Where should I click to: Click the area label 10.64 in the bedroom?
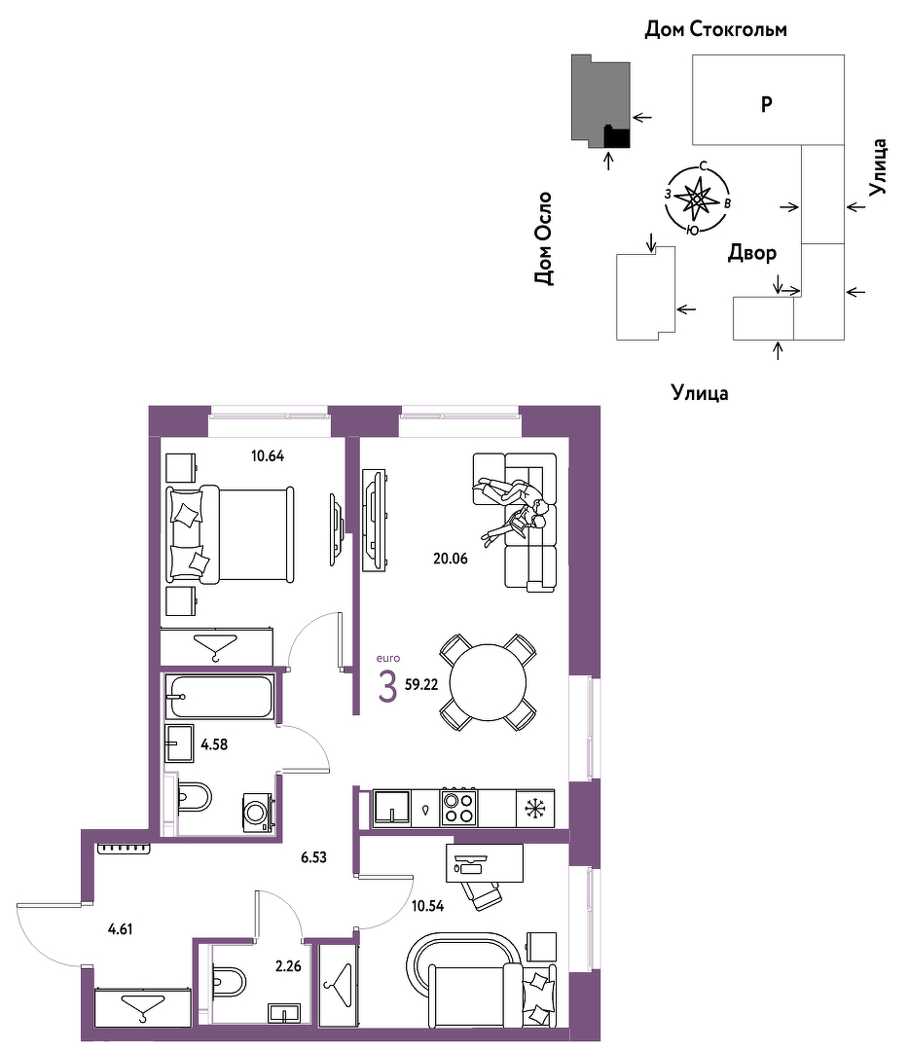pos(268,456)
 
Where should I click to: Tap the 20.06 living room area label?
pos(451,559)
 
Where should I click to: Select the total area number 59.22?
pos(421,685)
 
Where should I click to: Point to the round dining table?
pos(488,682)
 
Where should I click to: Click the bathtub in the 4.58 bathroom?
pos(220,697)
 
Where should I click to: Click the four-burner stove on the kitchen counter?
pos(458,807)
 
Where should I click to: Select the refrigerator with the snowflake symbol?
pos(535,809)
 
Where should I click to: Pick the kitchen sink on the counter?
pos(392,808)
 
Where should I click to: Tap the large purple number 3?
pos(387,687)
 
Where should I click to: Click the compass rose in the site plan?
pos(697,199)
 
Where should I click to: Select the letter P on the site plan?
pos(767,104)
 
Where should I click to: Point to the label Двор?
pos(752,253)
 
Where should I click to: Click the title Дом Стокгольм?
pos(716,29)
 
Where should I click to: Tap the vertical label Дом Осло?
pos(544,238)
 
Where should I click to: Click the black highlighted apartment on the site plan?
pos(617,137)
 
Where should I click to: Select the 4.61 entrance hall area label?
pos(120,929)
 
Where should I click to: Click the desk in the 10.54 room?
pos(485,863)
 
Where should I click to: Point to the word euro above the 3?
pos(388,658)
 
